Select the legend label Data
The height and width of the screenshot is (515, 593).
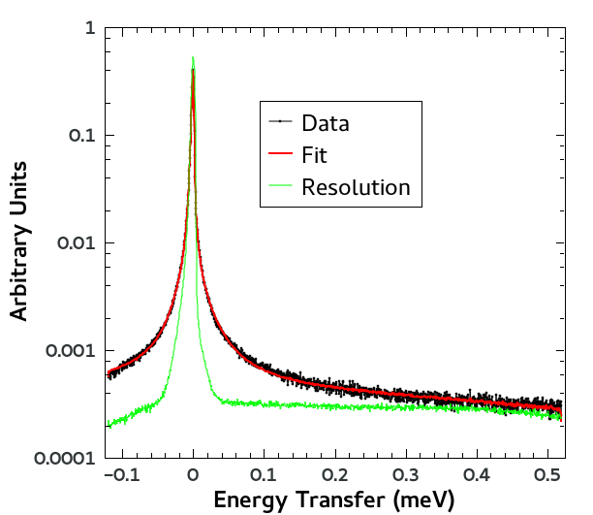[x=326, y=123]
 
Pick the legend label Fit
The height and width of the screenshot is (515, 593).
[x=315, y=155]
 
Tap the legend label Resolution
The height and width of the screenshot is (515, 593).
[x=356, y=187]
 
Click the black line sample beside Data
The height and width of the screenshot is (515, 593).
[x=280, y=122]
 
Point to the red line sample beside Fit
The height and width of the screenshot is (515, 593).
[x=280, y=154]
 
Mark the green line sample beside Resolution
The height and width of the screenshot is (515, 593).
[x=280, y=186]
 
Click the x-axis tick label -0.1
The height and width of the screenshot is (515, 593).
[x=120, y=474]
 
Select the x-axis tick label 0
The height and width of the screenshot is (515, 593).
[x=194, y=474]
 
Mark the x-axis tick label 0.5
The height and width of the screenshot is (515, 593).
[x=547, y=474]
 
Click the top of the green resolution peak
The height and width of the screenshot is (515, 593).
[x=194, y=57]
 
